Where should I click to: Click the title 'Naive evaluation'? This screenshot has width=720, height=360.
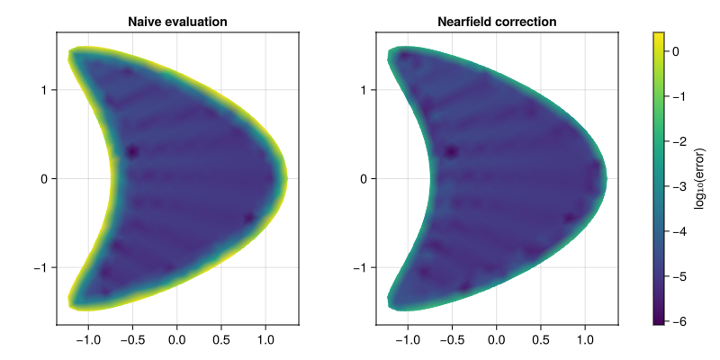tap(177, 21)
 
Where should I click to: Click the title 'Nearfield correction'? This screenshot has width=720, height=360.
tap(497, 21)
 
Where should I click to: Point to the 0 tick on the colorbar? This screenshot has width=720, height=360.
tap(680, 52)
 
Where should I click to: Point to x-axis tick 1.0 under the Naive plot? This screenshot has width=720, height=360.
tap(265, 341)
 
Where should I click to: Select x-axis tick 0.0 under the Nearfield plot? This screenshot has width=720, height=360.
tap(497, 341)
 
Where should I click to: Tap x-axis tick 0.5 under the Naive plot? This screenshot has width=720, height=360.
tap(221, 341)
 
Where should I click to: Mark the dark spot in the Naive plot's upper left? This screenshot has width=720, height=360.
tap(132, 151)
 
